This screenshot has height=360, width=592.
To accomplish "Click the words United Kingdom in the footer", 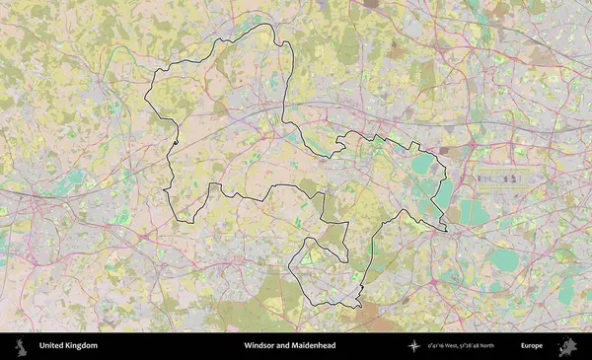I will pyautogui.click(x=68, y=346).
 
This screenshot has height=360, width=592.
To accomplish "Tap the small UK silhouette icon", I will pyautogui.click(x=19, y=346).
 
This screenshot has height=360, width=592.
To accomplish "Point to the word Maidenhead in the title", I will pyautogui.click(x=314, y=346).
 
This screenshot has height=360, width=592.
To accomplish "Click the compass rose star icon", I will pyautogui.click(x=414, y=346).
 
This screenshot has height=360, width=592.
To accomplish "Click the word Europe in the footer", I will pyautogui.click(x=533, y=346).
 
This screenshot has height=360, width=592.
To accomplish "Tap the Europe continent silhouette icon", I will pyautogui.click(x=567, y=346).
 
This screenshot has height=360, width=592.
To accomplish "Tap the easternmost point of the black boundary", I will pyautogui.click(x=446, y=230).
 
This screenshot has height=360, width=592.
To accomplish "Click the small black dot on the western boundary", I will pyautogui.click(x=175, y=144).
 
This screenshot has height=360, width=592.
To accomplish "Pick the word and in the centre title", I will pyautogui.click(x=285, y=346).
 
